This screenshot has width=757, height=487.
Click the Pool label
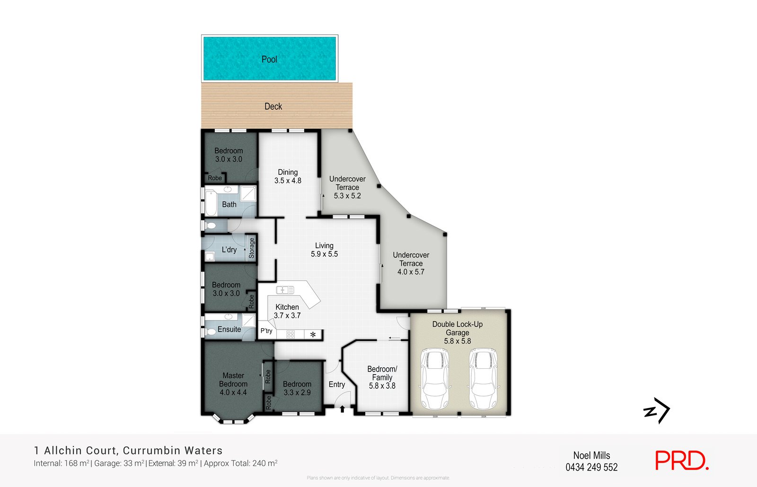269,60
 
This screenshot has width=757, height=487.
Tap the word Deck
273,106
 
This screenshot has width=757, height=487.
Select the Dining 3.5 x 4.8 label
288,176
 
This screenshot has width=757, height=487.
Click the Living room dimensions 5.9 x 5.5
324,254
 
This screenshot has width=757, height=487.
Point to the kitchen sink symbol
285,290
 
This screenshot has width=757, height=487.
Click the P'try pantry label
266,330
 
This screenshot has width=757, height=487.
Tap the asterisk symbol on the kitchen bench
313,335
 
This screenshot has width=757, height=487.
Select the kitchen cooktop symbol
290,334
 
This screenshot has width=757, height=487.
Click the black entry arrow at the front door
343,409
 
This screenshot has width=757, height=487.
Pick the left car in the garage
434,379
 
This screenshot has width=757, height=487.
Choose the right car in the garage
483,379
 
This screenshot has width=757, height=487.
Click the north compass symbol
657,410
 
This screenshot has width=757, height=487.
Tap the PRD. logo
682,461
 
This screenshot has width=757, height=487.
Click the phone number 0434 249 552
591,467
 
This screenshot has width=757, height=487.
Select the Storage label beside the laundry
251,248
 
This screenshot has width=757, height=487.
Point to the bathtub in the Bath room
211,203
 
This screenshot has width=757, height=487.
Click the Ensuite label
229,329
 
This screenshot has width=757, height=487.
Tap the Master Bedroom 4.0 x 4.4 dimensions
233,392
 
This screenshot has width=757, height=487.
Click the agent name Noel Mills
591,456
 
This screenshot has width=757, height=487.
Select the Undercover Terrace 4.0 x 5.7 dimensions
411,272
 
